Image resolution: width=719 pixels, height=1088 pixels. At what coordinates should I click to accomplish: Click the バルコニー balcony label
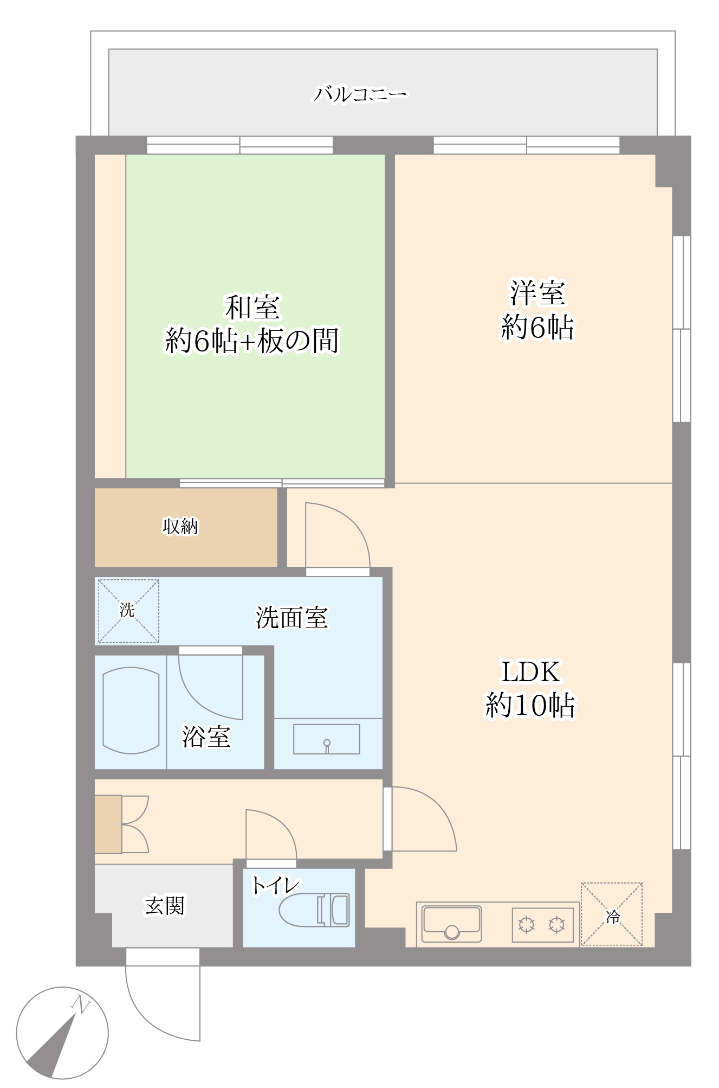click(360, 94)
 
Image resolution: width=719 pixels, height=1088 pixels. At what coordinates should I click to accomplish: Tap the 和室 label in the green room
click(252, 308)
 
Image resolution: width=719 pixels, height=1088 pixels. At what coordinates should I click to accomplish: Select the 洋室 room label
click(537, 293)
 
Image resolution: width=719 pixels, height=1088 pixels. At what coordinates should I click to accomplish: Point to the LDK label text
click(531, 671)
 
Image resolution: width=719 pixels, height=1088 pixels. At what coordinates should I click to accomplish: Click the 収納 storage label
click(180, 526)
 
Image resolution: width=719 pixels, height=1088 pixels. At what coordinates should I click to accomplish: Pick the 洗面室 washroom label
click(292, 617)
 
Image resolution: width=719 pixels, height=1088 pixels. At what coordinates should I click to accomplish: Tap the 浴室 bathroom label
click(206, 737)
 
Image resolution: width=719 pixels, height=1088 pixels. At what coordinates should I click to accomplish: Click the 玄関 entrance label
click(165, 905)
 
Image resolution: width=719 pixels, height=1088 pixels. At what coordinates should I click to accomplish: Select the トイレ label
click(275, 886)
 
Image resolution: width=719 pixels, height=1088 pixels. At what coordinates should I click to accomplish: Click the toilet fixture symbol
click(314, 910)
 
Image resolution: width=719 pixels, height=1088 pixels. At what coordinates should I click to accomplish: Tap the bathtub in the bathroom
click(131, 711)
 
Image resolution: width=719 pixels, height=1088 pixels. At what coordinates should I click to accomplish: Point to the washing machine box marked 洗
click(128, 611)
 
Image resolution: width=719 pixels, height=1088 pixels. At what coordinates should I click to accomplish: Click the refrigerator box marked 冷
click(612, 914)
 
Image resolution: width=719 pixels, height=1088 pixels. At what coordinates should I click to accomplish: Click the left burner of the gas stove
click(527, 924)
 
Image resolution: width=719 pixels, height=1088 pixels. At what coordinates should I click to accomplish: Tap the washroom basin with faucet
click(327, 739)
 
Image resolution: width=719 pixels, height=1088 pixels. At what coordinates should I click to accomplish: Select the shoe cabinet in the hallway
click(108, 824)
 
